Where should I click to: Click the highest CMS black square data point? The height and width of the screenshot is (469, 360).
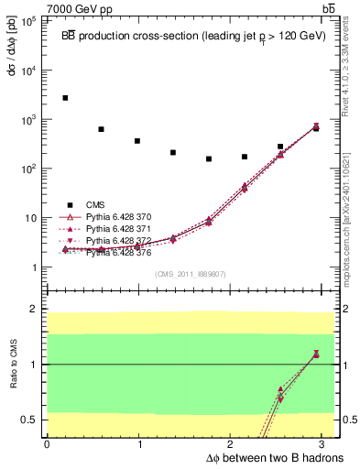pos(65,97)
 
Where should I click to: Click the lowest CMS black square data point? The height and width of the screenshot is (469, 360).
pos(209,158)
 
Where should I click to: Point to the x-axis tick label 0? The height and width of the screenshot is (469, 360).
pos(47,444)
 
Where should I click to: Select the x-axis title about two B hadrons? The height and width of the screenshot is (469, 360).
pos(262,457)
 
